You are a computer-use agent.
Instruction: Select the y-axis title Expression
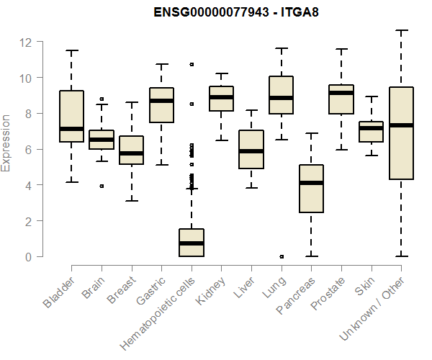click(6, 143)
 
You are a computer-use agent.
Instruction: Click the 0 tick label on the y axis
click(30, 256)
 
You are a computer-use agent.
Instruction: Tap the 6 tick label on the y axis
click(30, 149)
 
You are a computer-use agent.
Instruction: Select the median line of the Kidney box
click(221, 97)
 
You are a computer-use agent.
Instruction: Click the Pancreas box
click(311, 189)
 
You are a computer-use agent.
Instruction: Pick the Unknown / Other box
click(401, 133)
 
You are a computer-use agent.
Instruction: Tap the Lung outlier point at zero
click(281, 256)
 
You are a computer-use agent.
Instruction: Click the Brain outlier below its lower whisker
click(102, 186)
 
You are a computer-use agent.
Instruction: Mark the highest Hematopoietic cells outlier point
click(192, 64)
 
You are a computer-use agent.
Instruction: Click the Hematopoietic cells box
click(192, 243)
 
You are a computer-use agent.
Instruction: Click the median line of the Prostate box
click(341, 93)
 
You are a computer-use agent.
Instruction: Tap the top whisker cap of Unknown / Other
click(401, 30)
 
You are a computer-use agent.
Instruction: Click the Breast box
click(131, 150)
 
